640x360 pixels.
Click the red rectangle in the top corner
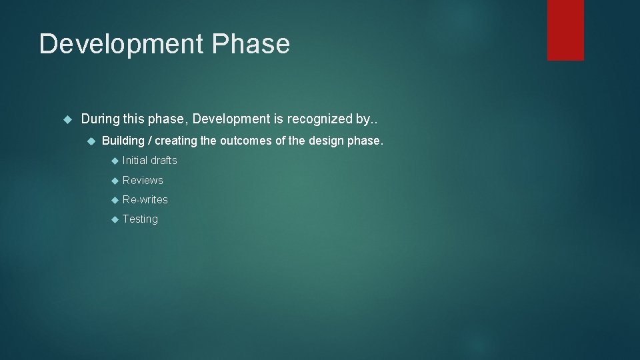[565, 30]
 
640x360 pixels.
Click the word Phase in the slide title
[251, 45]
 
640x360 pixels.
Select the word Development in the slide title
[121, 45]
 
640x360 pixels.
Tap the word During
[100, 119]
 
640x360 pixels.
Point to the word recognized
[320, 119]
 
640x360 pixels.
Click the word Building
[123, 141]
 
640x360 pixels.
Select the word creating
[176, 141]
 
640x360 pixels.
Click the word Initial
[135, 160]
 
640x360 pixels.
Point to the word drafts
[164, 160]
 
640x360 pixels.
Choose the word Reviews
[143, 180]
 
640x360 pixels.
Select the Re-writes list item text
[145, 199]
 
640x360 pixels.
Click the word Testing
[140, 219]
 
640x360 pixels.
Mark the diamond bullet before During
[67, 120]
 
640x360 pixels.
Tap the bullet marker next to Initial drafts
[114, 161]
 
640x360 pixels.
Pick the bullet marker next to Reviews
[114, 181]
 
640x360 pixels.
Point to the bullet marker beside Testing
[114, 219]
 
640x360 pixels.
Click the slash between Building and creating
[150, 141]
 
